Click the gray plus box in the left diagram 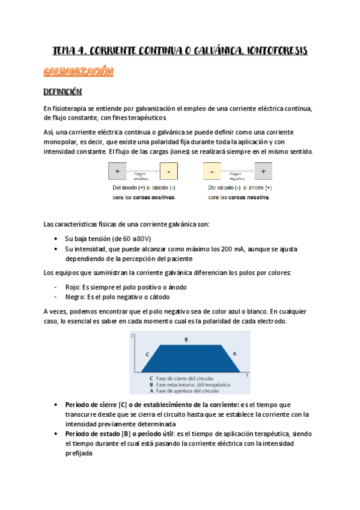(x=117, y=172)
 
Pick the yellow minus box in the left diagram (x=169, y=172)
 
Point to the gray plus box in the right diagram (x=263, y=172)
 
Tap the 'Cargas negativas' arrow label (x=237, y=175)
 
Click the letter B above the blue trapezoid (x=186, y=340)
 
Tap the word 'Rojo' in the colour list (x=73, y=287)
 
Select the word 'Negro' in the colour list (x=76, y=297)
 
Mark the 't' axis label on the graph (x=246, y=375)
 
